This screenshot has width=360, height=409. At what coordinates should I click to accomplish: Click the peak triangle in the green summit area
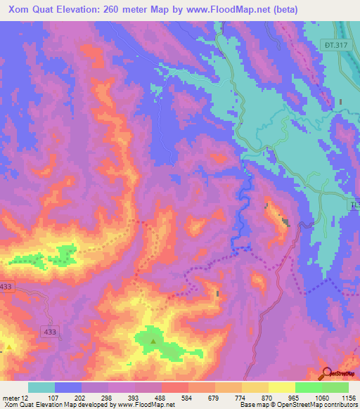(153, 342)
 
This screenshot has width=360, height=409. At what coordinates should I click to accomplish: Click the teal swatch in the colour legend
(41, 387)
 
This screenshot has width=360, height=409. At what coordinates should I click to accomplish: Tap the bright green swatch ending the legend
(335, 387)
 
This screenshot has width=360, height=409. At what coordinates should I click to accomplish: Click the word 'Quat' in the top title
(47, 10)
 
